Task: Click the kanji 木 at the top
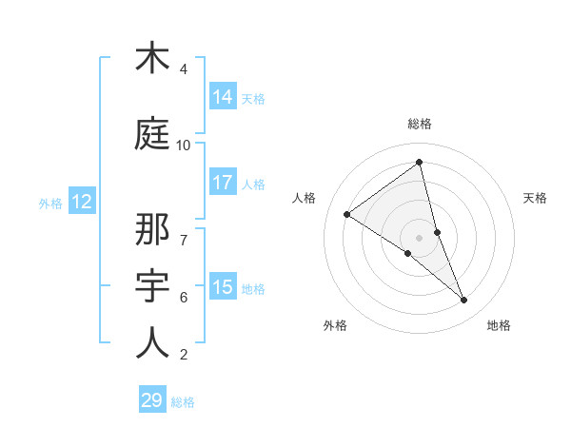152,59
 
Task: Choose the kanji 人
152,342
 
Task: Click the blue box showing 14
223,97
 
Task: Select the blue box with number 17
223,183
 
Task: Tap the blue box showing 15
223,287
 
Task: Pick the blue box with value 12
81,202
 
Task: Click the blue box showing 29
151,400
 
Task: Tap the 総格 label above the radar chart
420,124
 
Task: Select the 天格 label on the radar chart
535,198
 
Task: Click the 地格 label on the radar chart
499,325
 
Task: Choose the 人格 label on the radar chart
305,198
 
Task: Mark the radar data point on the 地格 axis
464,300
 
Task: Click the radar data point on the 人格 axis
347,214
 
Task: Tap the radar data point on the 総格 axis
420,162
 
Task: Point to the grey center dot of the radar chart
420,237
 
